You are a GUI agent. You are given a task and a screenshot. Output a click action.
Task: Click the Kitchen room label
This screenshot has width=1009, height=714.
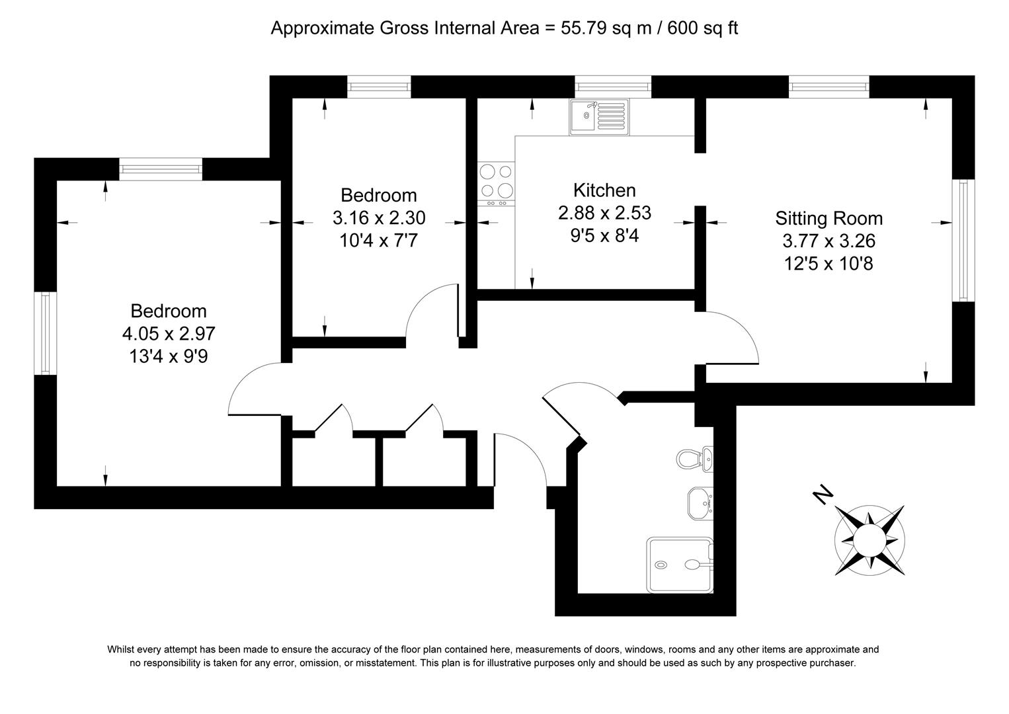click(x=604, y=190)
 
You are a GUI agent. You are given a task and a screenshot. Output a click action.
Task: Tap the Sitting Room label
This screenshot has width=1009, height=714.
click(x=828, y=218)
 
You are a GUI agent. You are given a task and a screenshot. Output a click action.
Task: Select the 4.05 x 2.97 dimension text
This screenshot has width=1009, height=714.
click(x=169, y=333)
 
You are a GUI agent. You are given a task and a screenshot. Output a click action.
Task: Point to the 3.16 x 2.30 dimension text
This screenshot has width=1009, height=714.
click(x=379, y=218)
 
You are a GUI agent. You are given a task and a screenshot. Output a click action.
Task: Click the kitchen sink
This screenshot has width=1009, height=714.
click(x=599, y=117)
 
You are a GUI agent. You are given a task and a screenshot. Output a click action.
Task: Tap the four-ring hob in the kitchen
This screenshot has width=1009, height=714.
click(x=497, y=181)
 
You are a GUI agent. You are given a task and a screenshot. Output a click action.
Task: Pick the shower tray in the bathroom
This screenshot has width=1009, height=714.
click(x=679, y=564)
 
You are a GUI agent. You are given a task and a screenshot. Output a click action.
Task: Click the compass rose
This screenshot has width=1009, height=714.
click(x=868, y=538)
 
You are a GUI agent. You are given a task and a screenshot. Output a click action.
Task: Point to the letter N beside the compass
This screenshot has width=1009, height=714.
click(x=823, y=494)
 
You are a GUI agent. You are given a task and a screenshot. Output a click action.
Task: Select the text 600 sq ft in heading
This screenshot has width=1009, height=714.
click(x=703, y=28)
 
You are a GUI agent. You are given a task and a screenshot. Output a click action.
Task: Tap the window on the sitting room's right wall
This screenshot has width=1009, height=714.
click(x=963, y=240)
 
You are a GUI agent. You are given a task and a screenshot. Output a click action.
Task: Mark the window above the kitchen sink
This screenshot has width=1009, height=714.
click(x=612, y=87)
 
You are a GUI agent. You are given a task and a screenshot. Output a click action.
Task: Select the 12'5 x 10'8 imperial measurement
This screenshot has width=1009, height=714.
click(x=828, y=264)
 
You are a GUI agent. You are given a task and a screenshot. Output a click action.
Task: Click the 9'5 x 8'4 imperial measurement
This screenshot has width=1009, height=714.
click(x=604, y=235)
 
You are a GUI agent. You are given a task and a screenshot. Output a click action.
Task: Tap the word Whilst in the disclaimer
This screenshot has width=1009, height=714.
click(x=121, y=650)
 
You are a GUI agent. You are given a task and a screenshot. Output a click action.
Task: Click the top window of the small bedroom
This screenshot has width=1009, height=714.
click(x=379, y=87)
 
